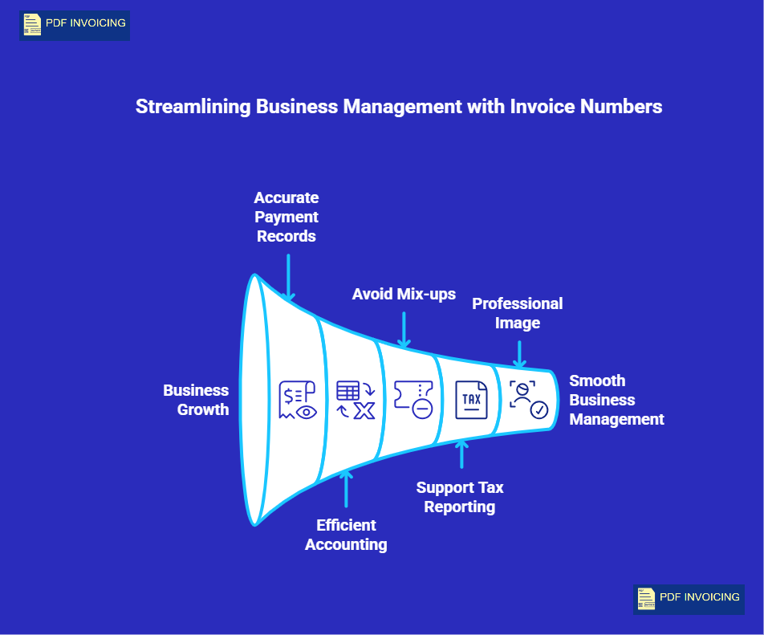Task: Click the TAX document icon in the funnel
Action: [x=471, y=399]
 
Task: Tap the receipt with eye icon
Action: [x=298, y=400]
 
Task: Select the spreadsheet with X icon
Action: [x=356, y=400]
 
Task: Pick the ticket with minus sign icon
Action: [x=413, y=399]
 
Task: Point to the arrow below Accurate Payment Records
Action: [x=288, y=277]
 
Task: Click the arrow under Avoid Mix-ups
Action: [x=404, y=329]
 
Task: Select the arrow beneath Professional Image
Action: [x=519, y=353]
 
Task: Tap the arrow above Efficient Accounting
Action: [x=346, y=488]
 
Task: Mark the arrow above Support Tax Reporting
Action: [x=461, y=454]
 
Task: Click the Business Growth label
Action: [x=196, y=400]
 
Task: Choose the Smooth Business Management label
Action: [x=616, y=400]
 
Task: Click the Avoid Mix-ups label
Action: [x=404, y=294]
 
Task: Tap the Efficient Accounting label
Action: [x=346, y=535]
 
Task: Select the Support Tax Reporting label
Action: [x=460, y=497]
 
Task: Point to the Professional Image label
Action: [x=517, y=313]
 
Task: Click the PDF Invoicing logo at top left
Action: [x=75, y=25]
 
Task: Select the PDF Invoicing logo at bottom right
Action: [x=689, y=599]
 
